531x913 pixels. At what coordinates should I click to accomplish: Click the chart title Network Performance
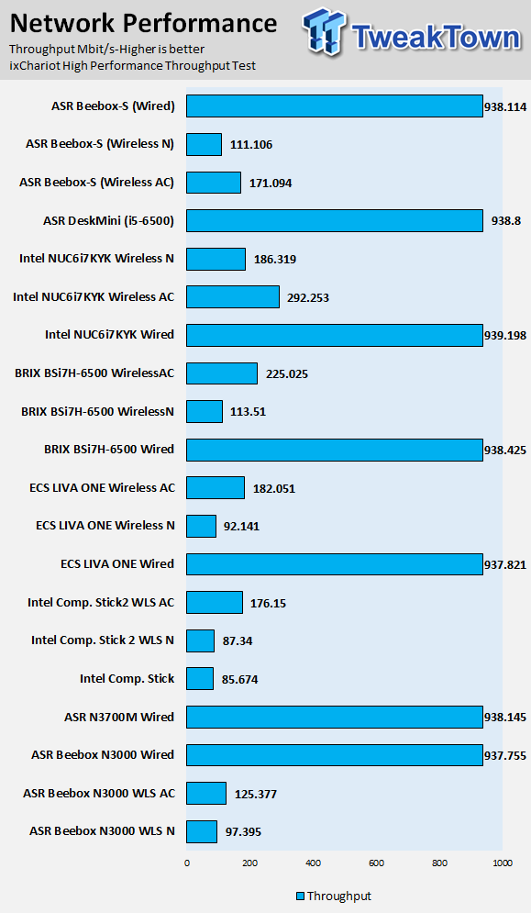click(143, 23)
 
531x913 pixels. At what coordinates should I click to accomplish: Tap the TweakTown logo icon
click(325, 33)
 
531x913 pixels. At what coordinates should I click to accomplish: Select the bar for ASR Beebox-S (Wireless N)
click(204, 144)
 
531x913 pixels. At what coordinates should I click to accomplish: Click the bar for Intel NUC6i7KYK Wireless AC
click(233, 297)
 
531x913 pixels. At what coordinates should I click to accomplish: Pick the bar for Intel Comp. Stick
click(200, 679)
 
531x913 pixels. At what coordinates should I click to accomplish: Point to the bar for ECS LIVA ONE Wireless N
click(201, 527)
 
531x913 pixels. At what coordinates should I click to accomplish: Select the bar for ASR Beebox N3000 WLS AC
click(206, 794)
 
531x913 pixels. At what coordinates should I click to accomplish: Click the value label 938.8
click(506, 221)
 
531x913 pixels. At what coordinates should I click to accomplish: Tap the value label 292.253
click(308, 297)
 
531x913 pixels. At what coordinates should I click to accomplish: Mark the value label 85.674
click(240, 680)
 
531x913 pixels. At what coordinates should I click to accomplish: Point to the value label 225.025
click(287, 373)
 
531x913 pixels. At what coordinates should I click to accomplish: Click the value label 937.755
click(505, 756)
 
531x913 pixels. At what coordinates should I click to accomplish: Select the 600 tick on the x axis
click(377, 863)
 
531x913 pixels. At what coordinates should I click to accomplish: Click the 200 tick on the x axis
click(249, 863)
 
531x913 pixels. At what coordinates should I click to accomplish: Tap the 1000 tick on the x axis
click(503, 863)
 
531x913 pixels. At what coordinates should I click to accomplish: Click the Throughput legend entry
click(334, 896)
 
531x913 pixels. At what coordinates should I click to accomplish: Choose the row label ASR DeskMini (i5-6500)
click(108, 221)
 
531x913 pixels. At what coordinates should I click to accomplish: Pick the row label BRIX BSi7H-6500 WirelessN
click(98, 411)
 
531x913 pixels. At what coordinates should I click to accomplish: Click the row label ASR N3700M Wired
click(119, 717)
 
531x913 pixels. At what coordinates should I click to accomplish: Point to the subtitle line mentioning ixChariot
click(133, 66)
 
